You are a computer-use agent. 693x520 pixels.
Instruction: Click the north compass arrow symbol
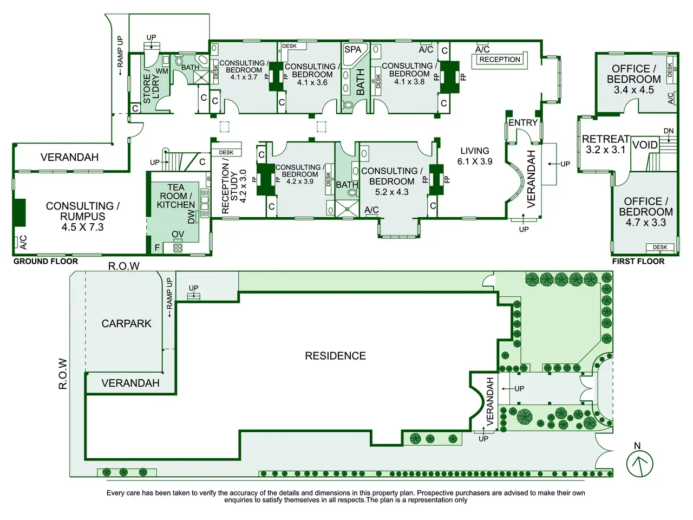tap(639, 464)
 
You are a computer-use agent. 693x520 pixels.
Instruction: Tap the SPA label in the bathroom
tap(352, 50)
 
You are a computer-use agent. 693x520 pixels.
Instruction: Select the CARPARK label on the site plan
tap(126, 323)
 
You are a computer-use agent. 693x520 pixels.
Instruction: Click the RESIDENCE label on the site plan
tap(335, 356)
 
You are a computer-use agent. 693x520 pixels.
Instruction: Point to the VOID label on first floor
tap(645, 145)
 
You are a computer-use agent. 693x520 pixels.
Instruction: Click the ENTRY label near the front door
tap(523, 122)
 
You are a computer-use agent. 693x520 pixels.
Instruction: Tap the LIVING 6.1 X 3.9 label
tap(475, 156)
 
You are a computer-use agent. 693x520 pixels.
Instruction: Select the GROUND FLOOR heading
tap(45, 262)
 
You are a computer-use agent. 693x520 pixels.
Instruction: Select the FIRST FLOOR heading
tap(638, 262)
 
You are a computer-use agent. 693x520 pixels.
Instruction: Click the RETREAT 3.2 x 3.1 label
tap(605, 144)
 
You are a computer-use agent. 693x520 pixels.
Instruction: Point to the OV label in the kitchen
tap(178, 234)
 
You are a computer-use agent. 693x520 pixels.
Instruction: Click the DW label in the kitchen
tap(191, 217)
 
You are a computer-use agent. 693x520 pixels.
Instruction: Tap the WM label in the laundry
tap(162, 71)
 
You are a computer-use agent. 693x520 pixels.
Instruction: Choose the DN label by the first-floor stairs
tap(669, 131)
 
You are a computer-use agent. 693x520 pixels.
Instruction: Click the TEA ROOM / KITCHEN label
tap(175, 196)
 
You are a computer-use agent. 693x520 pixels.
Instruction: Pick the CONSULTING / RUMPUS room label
tap(83, 216)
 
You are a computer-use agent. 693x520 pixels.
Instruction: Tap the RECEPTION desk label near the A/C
tap(500, 60)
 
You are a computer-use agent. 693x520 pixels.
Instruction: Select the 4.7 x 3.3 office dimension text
tap(646, 223)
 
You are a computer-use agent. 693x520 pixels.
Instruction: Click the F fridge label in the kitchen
tap(157, 248)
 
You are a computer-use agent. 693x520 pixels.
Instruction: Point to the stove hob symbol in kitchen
tap(178, 248)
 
